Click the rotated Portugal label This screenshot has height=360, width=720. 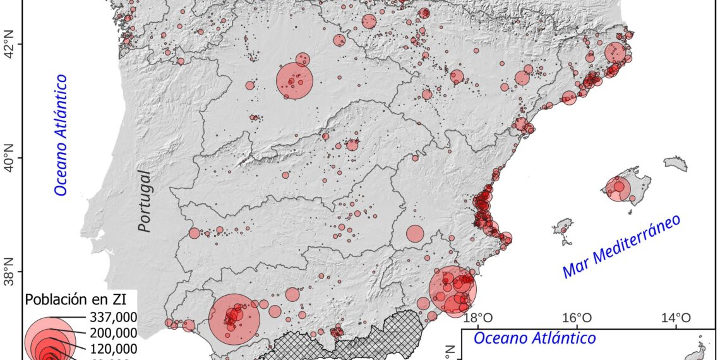point(145,201)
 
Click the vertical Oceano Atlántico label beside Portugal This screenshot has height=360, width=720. point(61,135)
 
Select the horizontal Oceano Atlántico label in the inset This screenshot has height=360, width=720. point(534,339)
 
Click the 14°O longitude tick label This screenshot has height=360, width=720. point(675,318)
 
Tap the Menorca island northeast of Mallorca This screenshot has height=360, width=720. point(676,164)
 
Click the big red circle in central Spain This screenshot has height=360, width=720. point(295,80)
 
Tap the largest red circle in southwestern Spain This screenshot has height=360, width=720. point(234,319)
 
